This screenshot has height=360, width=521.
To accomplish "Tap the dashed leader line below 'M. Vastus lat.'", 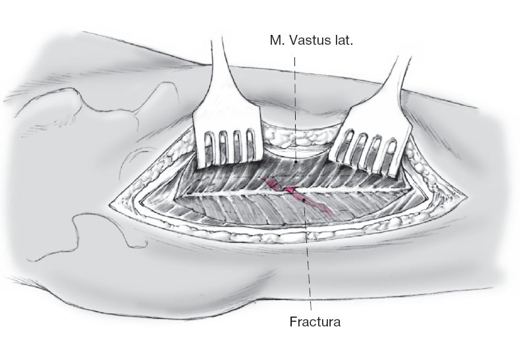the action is (295, 99).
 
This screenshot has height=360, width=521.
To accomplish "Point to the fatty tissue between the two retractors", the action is (296, 138).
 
